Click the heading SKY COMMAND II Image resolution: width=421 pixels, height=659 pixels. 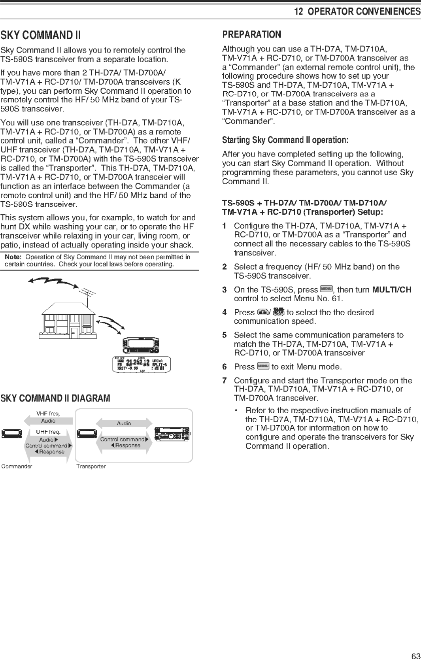[x=41, y=35]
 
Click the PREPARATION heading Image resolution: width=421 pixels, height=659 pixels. [x=251, y=35]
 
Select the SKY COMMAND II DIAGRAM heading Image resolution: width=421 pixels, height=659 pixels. [x=55, y=398]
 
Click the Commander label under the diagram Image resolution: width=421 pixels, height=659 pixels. [x=17, y=466]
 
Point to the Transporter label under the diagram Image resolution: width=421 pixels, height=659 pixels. [x=91, y=466]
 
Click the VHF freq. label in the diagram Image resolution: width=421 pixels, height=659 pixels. [x=48, y=414]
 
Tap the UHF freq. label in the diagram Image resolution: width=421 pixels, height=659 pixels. [x=48, y=432]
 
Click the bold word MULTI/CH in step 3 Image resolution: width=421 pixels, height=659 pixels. [x=392, y=290]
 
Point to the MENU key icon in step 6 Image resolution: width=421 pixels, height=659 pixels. [x=263, y=366]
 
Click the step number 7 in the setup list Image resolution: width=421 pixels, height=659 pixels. [x=225, y=380]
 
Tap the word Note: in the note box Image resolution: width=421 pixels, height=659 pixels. [x=13, y=257]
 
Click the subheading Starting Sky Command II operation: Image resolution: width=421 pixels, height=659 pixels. [x=285, y=140]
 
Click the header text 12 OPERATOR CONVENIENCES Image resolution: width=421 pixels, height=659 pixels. [x=357, y=11]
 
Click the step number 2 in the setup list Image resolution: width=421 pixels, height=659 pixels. [x=225, y=267]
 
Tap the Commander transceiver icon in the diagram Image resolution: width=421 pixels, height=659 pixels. [x=11, y=434]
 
